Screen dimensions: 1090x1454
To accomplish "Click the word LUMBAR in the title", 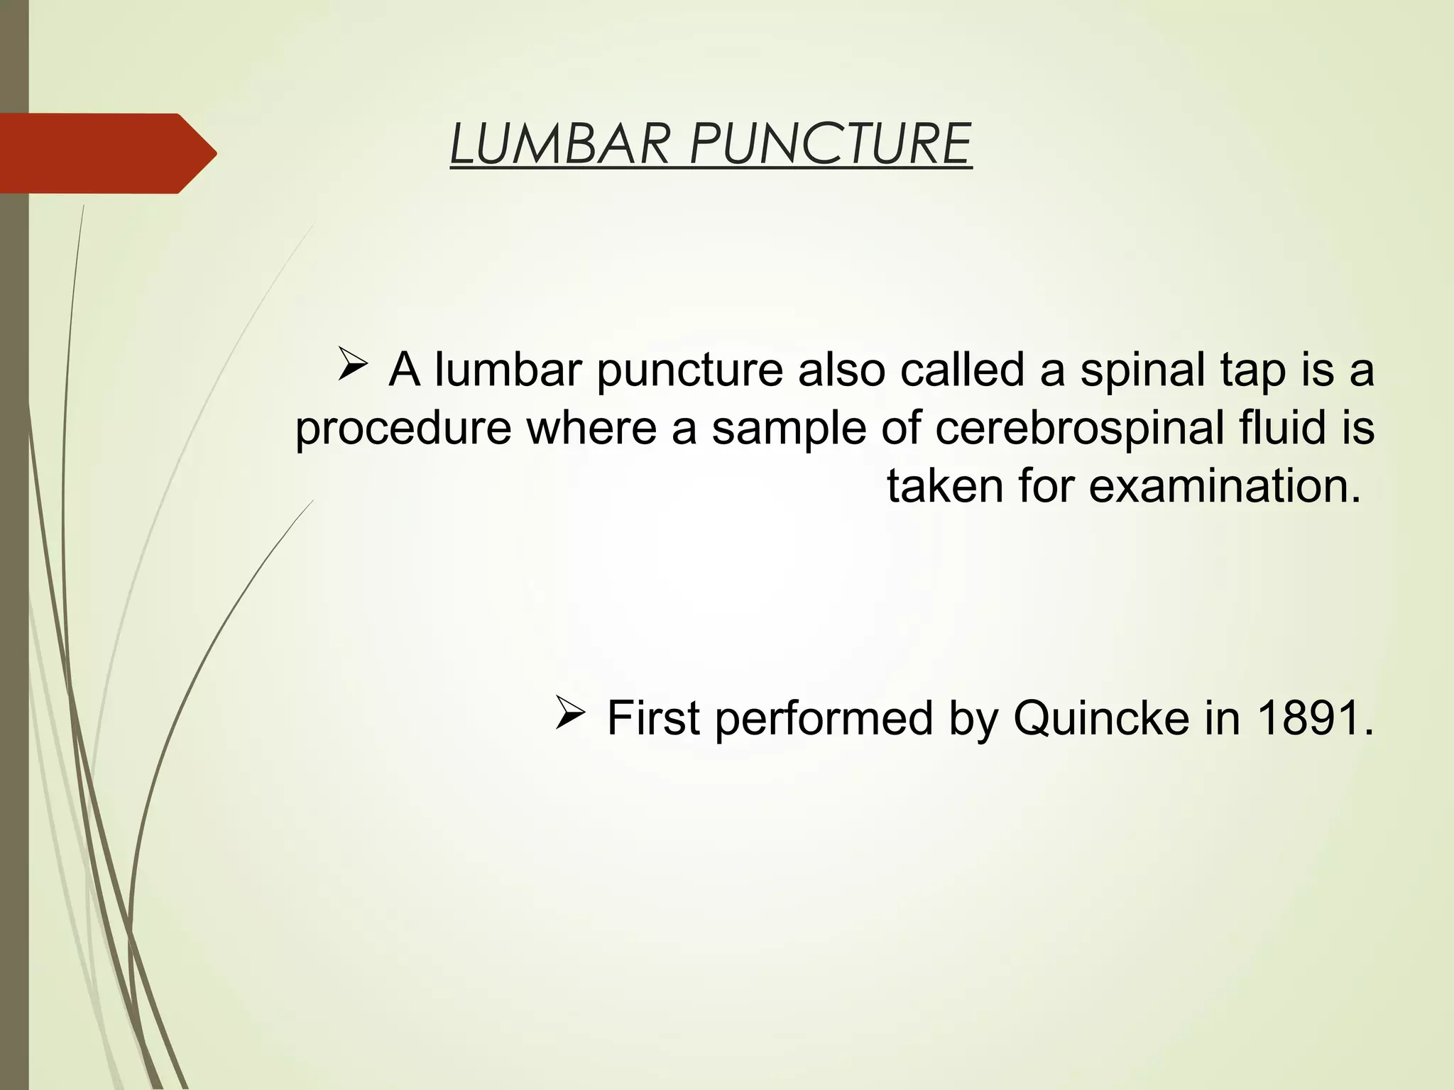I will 559,144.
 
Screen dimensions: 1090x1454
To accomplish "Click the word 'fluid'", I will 1274,428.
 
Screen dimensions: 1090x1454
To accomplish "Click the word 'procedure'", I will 403,428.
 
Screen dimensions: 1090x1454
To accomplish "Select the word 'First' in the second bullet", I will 653,718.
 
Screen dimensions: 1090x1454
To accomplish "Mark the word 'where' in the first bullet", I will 591,428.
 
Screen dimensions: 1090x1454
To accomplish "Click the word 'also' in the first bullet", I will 841,370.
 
